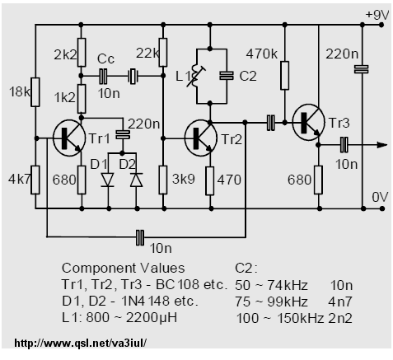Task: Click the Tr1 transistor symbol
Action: click(x=68, y=138)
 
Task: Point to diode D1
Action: click(x=107, y=180)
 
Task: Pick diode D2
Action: click(x=137, y=180)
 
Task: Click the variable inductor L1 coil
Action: click(x=195, y=77)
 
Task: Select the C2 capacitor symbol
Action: click(x=227, y=76)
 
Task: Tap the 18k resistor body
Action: click(x=35, y=92)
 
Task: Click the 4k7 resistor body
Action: click(x=35, y=180)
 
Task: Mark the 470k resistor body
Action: click(x=284, y=76)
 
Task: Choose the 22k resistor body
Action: click(x=163, y=53)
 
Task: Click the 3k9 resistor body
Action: click(x=163, y=180)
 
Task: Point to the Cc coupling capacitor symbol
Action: click(x=103, y=77)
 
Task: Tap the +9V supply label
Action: click(x=377, y=15)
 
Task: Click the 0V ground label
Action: click(x=380, y=197)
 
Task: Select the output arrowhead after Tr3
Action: click(x=382, y=145)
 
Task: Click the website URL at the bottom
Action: click(x=80, y=343)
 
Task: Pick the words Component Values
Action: click(x=123, y=268)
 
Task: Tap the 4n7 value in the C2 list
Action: click(x=340, y=302)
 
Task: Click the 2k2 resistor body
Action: click(x=82, y=53)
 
